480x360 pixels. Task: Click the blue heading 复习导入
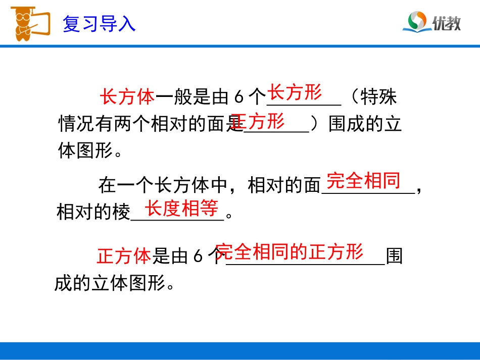[x=99, y=24]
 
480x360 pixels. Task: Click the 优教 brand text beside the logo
[x=446, y=23]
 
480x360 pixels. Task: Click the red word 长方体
[x=127, y=97]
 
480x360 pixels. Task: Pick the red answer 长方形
[x=295, y=92]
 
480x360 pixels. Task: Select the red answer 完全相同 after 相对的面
[x=363, y=180]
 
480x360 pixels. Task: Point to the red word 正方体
[x=124, y=256]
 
